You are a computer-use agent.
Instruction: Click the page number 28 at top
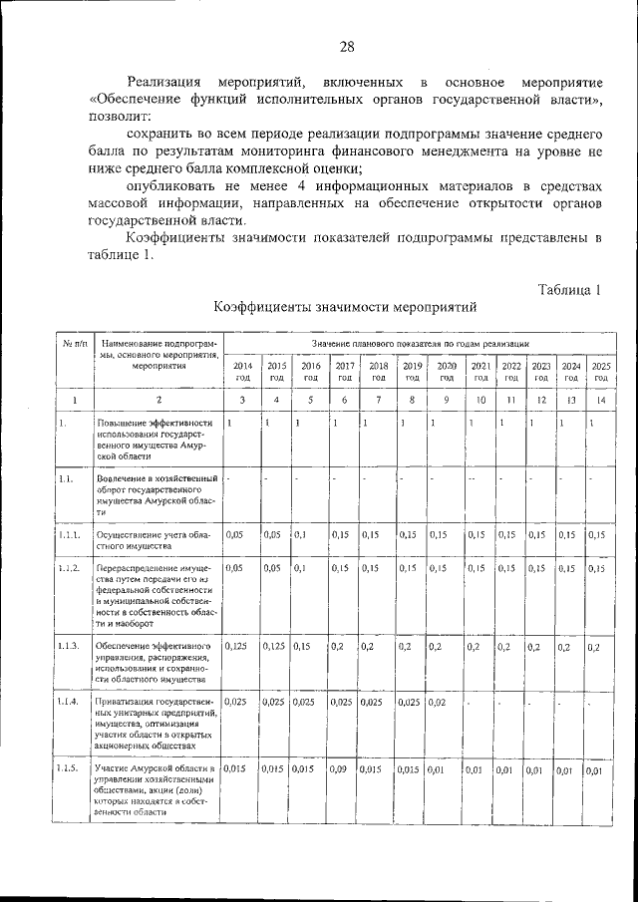347,47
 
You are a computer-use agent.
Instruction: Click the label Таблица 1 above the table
569,290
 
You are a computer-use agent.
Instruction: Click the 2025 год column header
601,372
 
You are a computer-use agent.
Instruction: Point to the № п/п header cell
73,343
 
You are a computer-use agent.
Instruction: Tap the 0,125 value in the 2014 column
236,647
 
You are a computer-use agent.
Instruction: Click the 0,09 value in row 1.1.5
338,769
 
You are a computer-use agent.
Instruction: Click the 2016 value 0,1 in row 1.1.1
299,535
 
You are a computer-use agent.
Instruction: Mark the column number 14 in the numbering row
600,400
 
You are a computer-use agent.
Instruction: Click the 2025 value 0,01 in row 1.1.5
595,769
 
